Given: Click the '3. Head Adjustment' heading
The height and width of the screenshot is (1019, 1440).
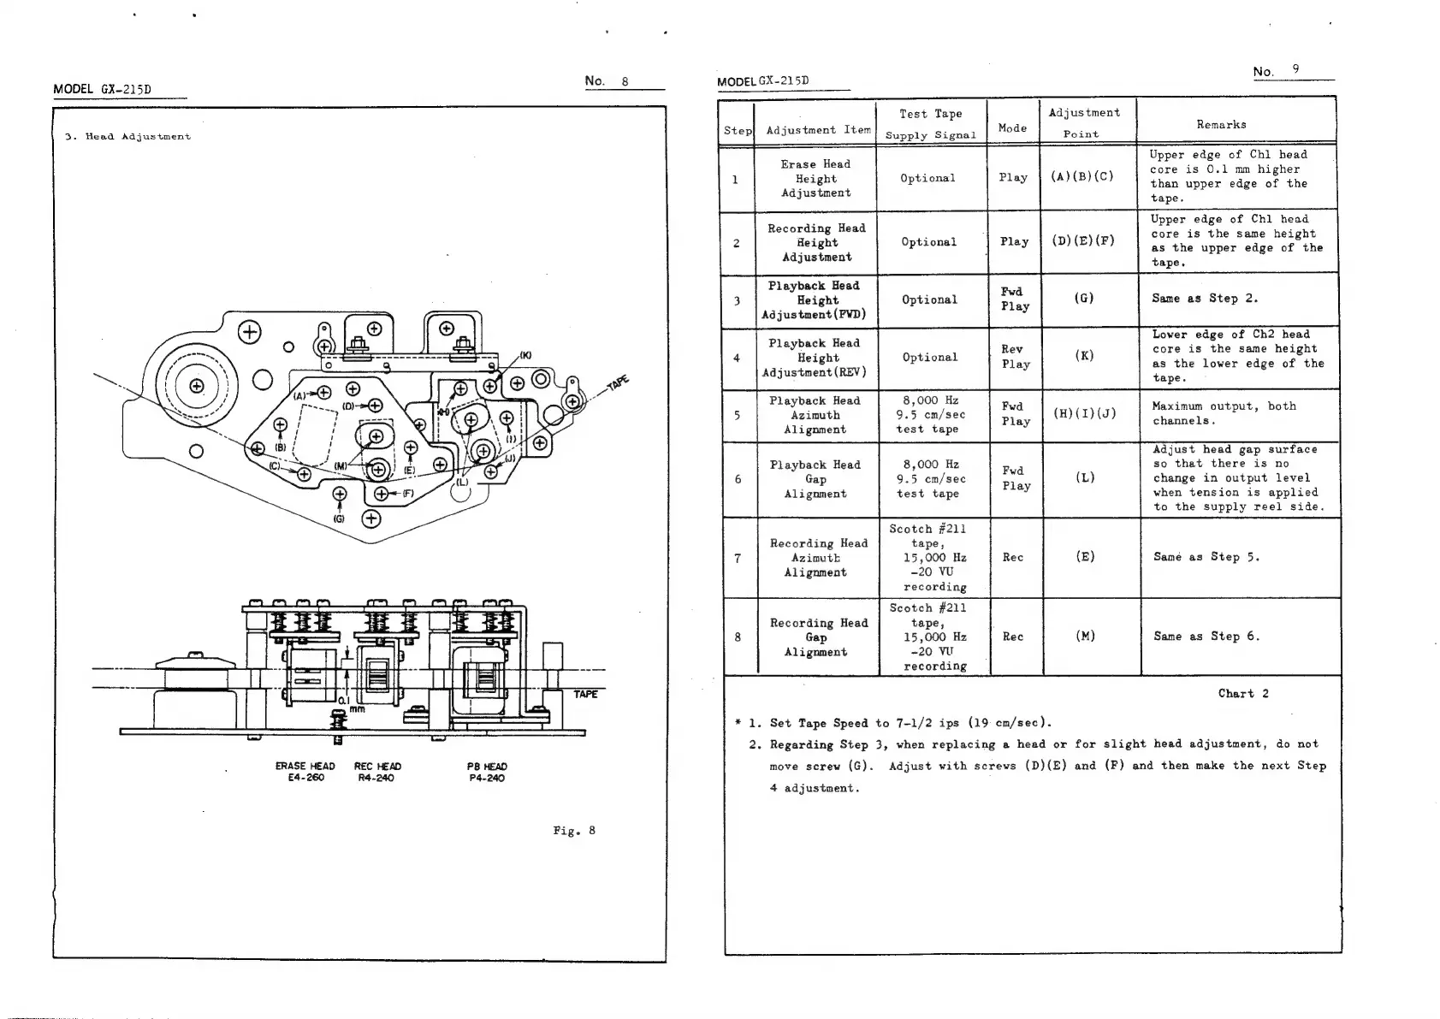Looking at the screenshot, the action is coord(127,137).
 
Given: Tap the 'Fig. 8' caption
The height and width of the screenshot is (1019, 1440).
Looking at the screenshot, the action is coord(573,831).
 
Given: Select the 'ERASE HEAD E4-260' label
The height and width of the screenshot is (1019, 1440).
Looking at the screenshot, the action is coord(305,772).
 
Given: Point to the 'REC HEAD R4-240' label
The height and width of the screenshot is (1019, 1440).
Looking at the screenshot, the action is coord(377,772).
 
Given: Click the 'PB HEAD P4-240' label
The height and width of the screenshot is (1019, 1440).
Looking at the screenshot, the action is coord(487,772).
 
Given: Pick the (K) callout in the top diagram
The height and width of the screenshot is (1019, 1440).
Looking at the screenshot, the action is coord(525,355).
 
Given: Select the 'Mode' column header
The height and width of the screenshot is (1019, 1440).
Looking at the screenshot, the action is coord(1012,128).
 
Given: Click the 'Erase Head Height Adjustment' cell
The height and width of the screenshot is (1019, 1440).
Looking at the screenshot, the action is coord(815,179).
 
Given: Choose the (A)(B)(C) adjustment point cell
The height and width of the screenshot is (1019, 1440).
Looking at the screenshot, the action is coord(1082,177).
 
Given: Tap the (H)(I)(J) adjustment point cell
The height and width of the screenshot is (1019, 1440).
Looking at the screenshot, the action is coord(1084,414).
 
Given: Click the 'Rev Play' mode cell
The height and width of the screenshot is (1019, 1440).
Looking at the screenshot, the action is coord(1015,357).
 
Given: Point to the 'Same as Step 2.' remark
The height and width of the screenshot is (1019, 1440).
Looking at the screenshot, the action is coord(1205,299).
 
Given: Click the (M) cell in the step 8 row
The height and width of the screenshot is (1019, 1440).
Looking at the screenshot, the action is coord(1084,637).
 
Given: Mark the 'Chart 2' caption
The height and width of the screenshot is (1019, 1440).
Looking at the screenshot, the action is coord(1243,694).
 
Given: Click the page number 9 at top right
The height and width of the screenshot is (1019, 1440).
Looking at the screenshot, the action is coord(1296,69).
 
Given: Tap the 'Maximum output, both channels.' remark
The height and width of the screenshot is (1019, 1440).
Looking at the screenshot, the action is coord(1224,413).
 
